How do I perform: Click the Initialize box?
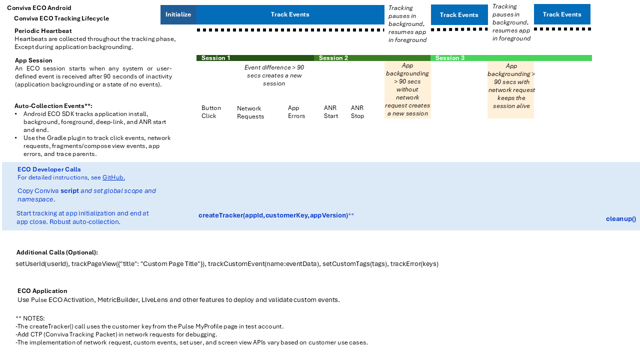[178, 14]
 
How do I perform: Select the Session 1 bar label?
[216, 58]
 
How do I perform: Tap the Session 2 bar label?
[333, 58]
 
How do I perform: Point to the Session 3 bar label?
[450, 58]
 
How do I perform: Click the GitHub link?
[113, 177]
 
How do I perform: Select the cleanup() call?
[621, 218]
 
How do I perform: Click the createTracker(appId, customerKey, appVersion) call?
[273, 215]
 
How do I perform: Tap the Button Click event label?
[211, 112]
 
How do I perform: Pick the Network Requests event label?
[250, 112]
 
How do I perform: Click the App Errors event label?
[296, 112]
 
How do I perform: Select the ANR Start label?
[331, 112]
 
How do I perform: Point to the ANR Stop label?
[357, 112]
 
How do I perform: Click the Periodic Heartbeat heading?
[43, 31]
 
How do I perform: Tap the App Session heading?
[33, 60]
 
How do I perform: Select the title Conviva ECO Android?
[39, 8]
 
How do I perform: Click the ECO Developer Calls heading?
[49, 169]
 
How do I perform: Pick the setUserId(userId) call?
[42, 264]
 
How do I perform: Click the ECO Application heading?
[42, 291]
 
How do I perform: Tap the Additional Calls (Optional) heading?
[57, 252]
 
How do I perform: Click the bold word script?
[70, 191]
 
